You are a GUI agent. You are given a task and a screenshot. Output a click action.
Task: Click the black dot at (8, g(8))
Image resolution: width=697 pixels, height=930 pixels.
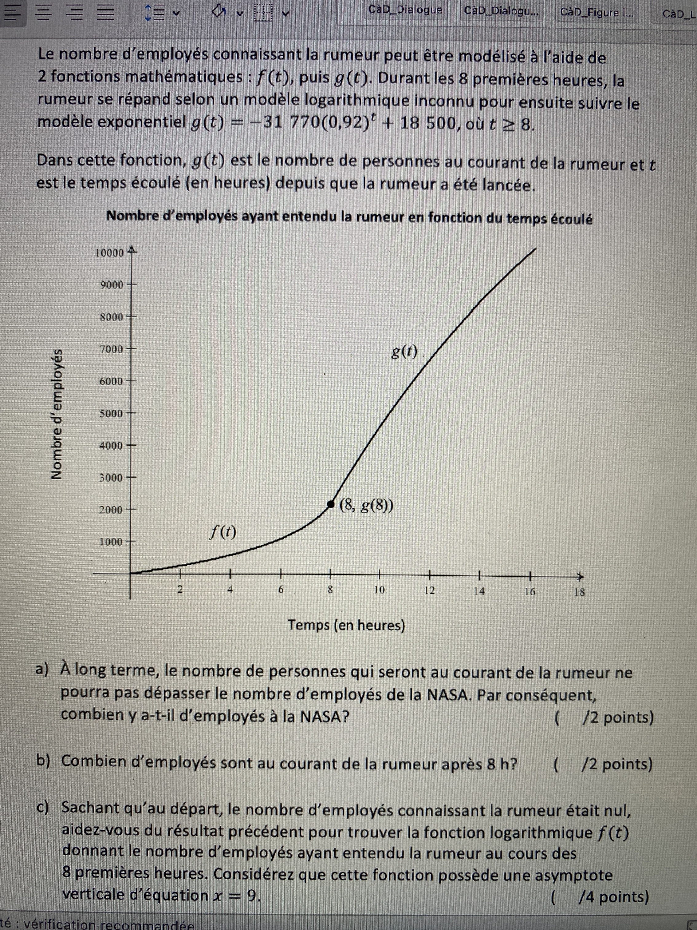(x=331, y=503)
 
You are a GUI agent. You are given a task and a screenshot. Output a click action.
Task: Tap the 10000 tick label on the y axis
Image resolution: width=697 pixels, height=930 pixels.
(x=110, y=253)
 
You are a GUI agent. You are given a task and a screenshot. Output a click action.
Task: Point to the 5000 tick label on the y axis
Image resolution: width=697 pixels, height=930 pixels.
(x=111, y=413)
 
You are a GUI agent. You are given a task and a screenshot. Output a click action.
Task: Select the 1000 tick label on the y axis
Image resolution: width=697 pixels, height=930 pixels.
(x=111, y=542)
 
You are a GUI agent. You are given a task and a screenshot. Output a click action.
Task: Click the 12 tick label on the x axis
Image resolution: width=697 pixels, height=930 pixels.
(x=429, y=590)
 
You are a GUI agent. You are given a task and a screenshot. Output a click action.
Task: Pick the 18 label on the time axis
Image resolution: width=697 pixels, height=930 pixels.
(x=579, y=592)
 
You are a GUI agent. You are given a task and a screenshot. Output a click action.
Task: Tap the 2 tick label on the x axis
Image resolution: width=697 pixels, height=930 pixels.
(x=180, y=590)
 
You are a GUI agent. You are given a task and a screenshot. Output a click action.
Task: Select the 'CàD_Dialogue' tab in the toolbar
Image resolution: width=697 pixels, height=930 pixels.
(x=405, y=10)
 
